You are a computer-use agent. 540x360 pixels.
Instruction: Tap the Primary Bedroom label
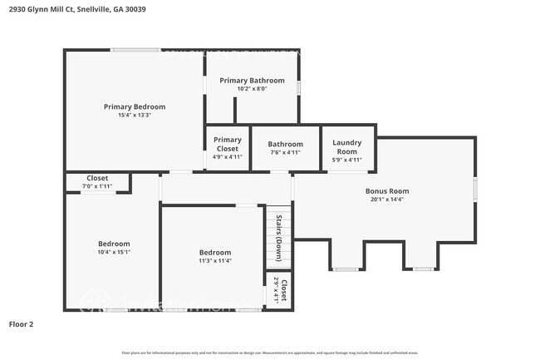point(135,106)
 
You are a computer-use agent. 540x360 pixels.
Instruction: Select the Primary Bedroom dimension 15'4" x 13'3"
point(135,115)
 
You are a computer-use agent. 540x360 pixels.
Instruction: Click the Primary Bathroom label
point(252,81)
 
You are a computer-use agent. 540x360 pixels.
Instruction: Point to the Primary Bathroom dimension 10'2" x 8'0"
point(252,89)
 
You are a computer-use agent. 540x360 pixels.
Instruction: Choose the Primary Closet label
point(227,145)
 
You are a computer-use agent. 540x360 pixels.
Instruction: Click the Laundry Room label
point(347,147)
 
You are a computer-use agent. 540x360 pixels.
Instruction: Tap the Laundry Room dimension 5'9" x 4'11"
point(347,160)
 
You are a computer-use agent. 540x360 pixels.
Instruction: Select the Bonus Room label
point(387,191)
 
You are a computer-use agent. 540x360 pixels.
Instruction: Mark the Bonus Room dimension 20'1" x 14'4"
point(387,200)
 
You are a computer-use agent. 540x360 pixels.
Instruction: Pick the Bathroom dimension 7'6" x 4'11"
point(285,152)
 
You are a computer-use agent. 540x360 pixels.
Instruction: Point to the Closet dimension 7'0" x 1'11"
point(97,186)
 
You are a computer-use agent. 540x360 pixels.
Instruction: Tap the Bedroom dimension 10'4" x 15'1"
point(113,252)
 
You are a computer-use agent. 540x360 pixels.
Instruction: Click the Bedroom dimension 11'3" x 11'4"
point(214,260)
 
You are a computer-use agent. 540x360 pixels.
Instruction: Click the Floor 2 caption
point(22,324)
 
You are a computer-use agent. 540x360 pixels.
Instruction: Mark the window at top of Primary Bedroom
point(136,50)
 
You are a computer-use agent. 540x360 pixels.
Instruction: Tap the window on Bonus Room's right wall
point(475,188)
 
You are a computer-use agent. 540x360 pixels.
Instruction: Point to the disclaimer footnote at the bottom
point(270,353)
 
